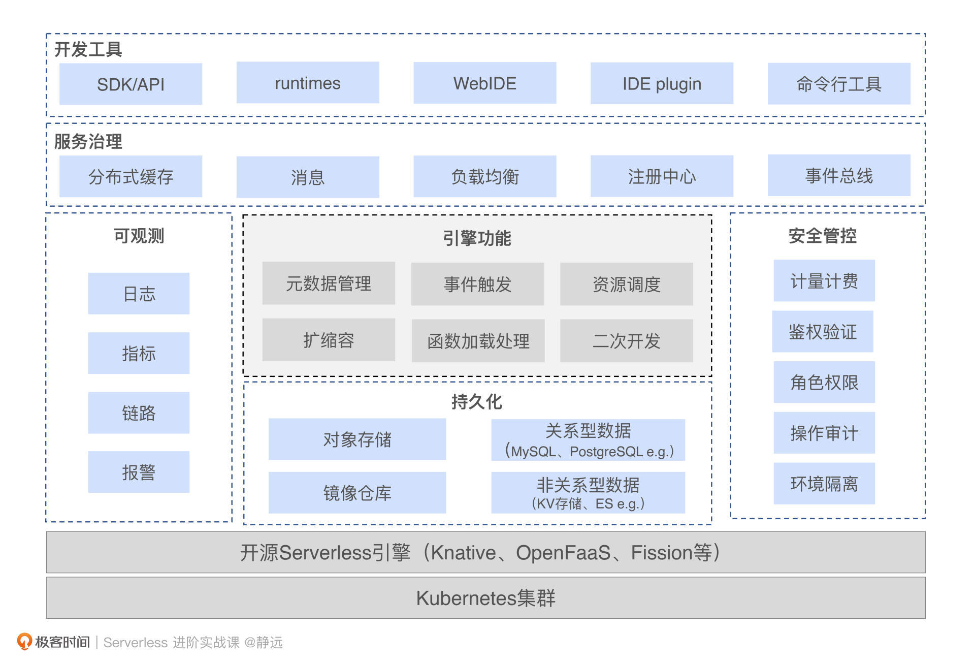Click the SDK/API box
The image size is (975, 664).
point(131,84)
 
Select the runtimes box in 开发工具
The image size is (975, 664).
point(308,83)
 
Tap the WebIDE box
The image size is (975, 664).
point(484,83)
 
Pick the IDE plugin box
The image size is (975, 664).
point(662,83)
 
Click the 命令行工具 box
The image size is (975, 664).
point(838,84)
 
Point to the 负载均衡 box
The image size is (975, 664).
point(484,176)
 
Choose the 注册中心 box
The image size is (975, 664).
point(662,176)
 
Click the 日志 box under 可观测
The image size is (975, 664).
point(139,294)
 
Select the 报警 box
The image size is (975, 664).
point(139,472)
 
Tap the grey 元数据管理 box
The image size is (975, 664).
point(329,283)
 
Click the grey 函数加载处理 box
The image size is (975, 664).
point(478,341)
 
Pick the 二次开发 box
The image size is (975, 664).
point(626,341)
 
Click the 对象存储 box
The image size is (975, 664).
point(357,439)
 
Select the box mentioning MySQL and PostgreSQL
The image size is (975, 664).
point(588,440)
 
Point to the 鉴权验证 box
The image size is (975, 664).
point(823,332)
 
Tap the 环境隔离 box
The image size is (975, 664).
point(824,484)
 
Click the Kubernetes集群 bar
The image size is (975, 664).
point(485,598)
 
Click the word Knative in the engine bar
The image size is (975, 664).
point(463,553)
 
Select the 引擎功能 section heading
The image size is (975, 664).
point(477,238)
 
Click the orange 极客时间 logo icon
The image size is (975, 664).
point(24,641)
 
